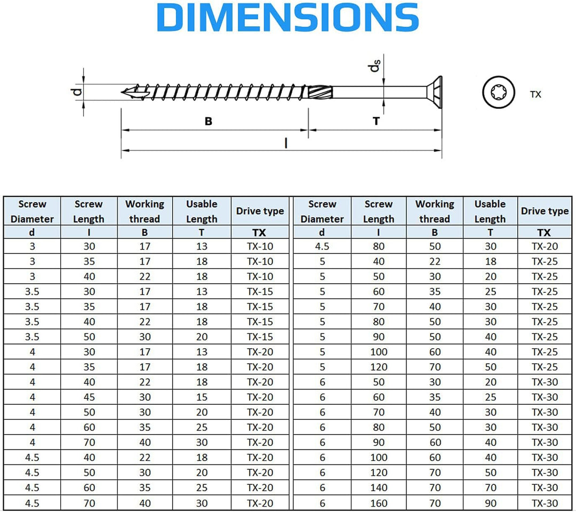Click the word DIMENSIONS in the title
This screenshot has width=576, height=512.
tap(287, 17)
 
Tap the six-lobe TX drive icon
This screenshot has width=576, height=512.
tap(498, 93)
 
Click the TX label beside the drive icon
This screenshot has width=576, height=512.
tap(535, 94)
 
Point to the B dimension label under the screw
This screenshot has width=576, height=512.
tap(209, 121)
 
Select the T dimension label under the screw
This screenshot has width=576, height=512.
tap(376, 121)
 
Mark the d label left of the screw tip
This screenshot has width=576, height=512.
tap(77, 91)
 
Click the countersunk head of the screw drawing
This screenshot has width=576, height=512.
tap(434, 92)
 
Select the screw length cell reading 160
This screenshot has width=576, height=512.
tap(378, 503)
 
